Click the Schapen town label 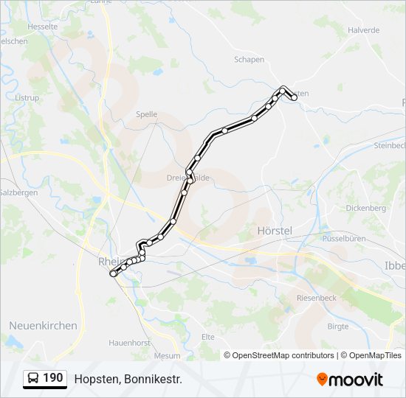click(249, 60)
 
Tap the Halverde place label click(363, 30)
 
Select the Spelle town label click(147, 114)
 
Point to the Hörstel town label click(275, 231)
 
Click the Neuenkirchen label click(43, 325)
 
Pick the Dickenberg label click(366, 208)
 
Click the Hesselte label click(43, 26)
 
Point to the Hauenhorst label click(129, 343)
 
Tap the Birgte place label click(337, 326)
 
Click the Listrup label click(27, 97)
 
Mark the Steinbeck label click(389, 145)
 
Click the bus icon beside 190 click(34, 378)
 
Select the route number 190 click(52, 378)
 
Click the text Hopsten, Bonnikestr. click(128, 379)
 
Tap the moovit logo click(350, 380)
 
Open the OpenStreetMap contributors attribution click(283, 355)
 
